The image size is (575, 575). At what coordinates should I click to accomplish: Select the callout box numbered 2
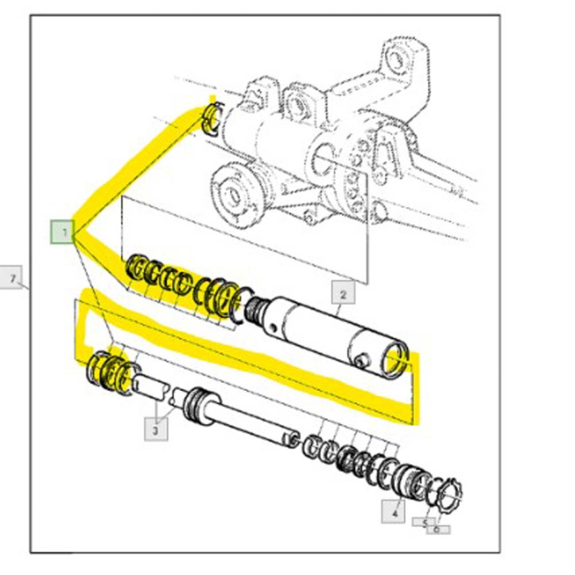click(x=343, y=293)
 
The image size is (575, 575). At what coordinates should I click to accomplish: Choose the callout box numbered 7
click(x=14, y=279)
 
